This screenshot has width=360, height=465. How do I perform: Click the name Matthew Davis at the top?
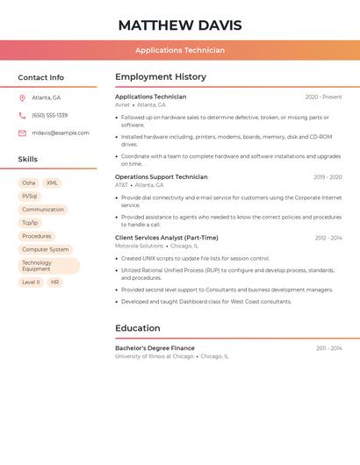[180, 25]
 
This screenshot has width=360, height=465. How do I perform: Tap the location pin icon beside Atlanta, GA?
[22, 97]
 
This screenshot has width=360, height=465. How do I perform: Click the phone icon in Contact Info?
[22, 115]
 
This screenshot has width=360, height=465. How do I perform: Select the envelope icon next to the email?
[22, 133]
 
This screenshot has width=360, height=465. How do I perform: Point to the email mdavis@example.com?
[61, 133]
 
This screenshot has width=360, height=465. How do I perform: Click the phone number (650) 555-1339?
[50, 115]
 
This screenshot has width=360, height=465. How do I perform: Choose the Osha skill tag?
[29, 183]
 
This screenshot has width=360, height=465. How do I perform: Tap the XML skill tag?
[52, 183]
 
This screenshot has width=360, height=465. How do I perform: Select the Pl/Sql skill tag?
[30, 197]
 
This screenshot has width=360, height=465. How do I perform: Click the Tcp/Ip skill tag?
[30, 223]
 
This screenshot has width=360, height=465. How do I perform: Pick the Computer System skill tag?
[46, 249]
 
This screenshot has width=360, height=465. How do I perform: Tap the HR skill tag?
[54, 283]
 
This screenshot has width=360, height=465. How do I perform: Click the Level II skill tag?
[31, 283]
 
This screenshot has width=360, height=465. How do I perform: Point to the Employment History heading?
[161, 77]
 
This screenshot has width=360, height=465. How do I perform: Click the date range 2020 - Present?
[323, 97]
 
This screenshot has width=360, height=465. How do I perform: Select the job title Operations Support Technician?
[162, 177]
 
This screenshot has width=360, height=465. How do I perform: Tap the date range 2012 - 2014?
[328, 238]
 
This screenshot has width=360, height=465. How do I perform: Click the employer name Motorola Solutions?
[140, 247]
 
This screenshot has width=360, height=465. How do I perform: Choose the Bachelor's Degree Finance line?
[155, 348]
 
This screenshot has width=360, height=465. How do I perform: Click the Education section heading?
[138, 328]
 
